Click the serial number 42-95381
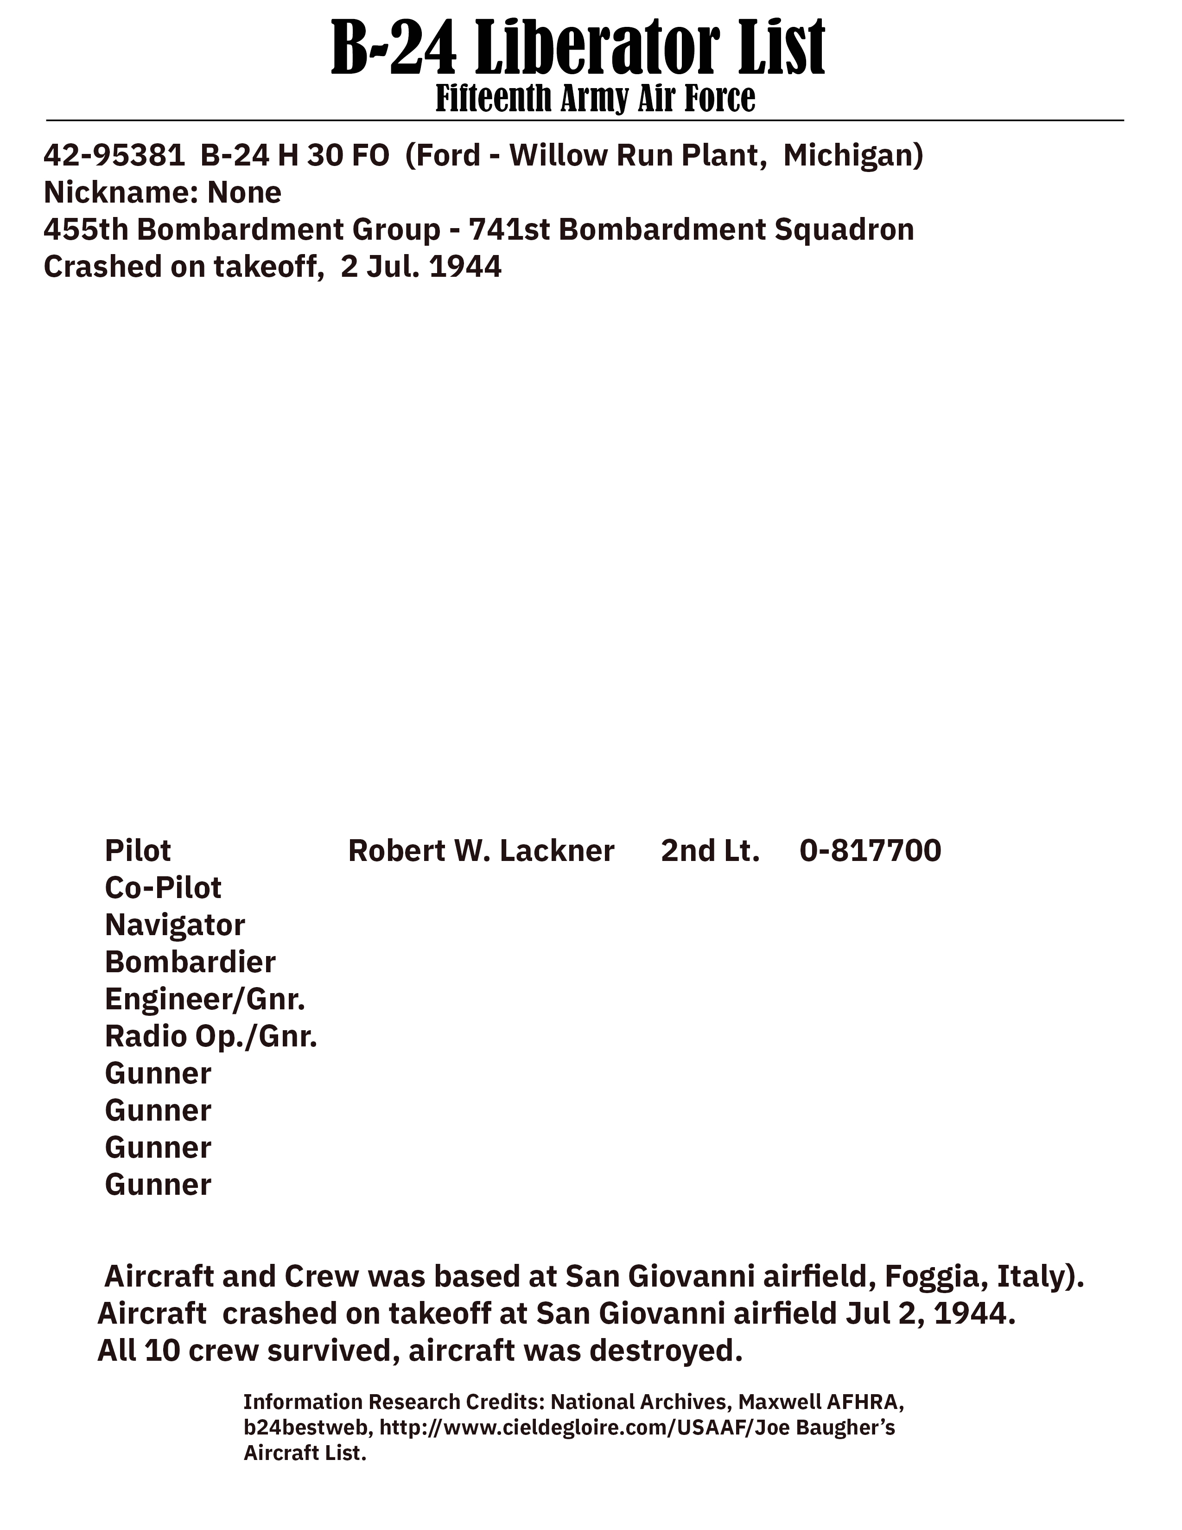(114, 155)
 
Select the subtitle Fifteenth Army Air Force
(595, 98)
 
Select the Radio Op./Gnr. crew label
(211, 1037)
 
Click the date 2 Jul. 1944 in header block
(421, 267)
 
